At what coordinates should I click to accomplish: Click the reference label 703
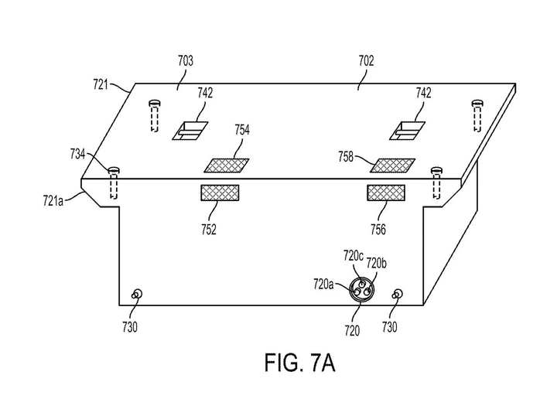(x=186, y=60)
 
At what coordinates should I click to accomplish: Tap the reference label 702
(x=366, y=60)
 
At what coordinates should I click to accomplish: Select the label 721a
(x=53, y=201)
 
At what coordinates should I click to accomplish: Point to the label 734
(x=77, y=155)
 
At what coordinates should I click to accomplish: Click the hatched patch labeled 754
(x=227, y=165)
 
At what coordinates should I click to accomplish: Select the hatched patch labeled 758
(x=392, y=165)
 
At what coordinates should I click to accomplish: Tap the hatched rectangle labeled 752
(x=220, y=193)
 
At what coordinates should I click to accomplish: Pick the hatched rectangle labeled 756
(x=386, y=193)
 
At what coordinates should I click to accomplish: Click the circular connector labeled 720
(x=361, y=291)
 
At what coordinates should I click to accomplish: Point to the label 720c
(x=354, y=256)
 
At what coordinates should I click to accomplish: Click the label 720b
(x=377, y=264)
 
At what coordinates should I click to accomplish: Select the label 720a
(x=323, y=285)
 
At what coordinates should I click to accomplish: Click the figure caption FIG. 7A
(x=300, y=363)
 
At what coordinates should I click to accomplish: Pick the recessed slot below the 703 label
(x=190, y=131)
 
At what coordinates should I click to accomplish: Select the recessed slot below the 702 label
(x=408, y=131)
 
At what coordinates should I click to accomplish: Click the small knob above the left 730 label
(x=137, y=295)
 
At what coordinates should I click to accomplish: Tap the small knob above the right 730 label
(x=398, y=295)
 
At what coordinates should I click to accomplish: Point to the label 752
(x=209, y=230)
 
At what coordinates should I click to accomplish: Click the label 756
(x=378, y=230)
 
